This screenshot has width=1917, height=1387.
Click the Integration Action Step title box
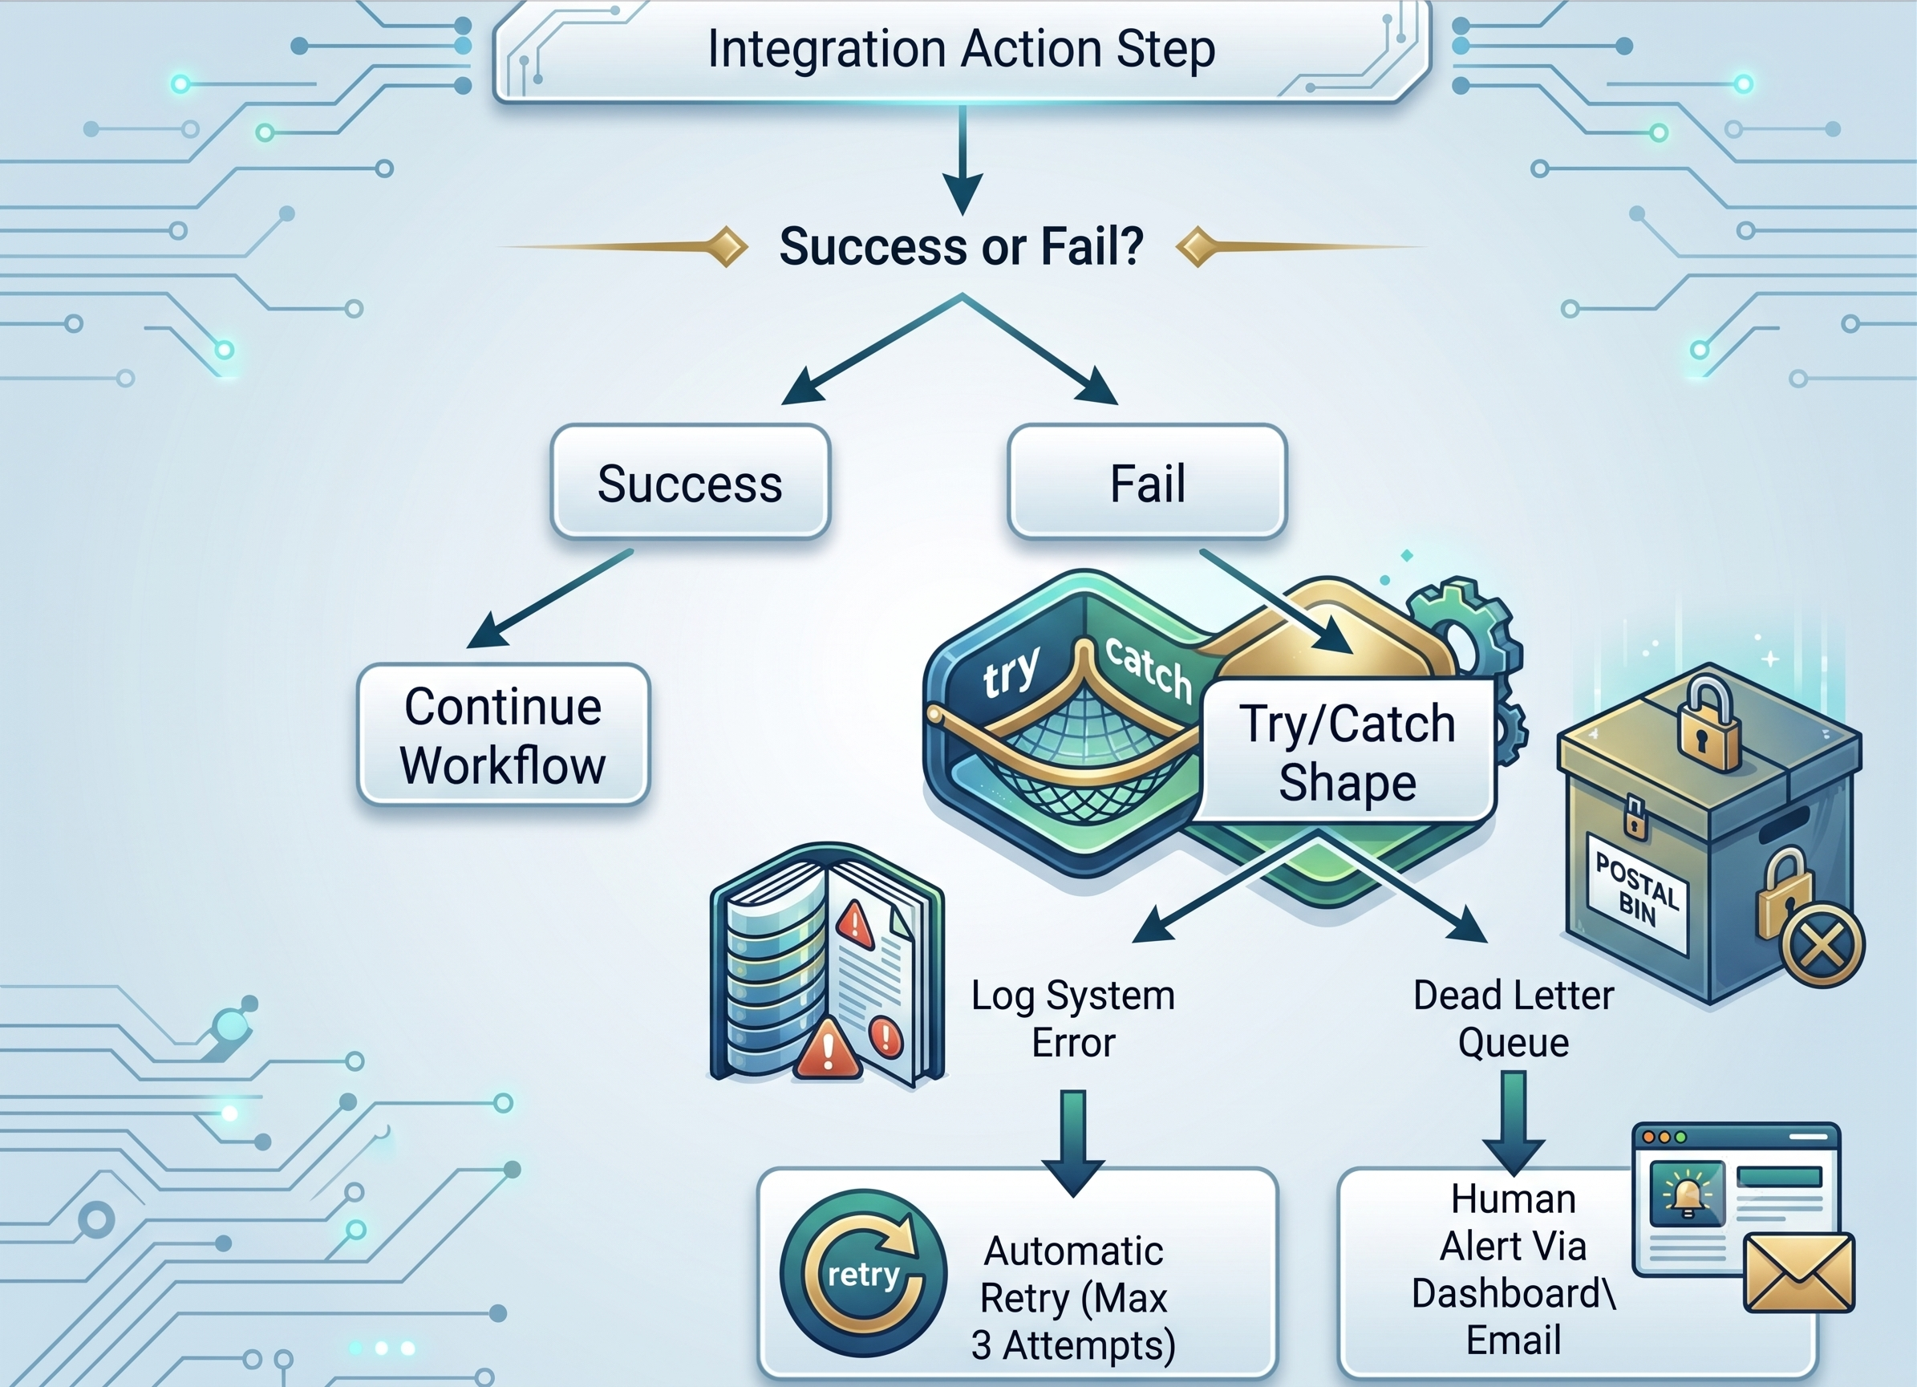(x=962, y=51)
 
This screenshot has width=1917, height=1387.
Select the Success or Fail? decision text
(x=961, y=246)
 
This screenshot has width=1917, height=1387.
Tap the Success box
(x=690, y=482)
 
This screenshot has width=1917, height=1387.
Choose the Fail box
(x=1147, y=482)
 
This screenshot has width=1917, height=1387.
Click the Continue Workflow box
(x=503, y=735)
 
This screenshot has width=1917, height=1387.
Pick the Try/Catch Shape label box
(x=1348, y=751)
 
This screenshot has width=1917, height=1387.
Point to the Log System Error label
(x=1072, y=1019)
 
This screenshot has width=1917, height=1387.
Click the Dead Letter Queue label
(x=1513, y=1019)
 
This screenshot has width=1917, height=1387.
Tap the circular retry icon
(x=863, y=1273)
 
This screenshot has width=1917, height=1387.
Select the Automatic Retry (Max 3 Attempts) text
(x=1073, y=1298)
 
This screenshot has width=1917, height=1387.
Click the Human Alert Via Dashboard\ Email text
(x=1513, y=1270)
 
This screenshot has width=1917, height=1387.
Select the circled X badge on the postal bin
(x=1822, y=945)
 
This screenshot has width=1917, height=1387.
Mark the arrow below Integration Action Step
(x=962, y=160)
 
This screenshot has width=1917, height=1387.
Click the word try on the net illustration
(x=1010, y=674)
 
